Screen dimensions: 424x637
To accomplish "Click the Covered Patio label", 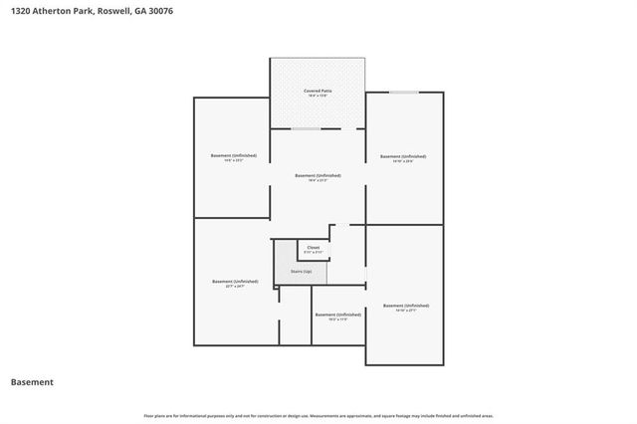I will click(x=318, y=91).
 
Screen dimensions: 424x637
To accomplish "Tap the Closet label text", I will click(x=313, y=247).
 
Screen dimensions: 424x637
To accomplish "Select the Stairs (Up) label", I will click(x=301, y=271).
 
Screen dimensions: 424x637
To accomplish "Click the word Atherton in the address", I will click(x=60, y=12).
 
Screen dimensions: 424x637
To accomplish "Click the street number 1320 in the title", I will click(x=19, y=12).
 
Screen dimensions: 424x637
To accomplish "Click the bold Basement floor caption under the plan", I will click(x=32, y=382).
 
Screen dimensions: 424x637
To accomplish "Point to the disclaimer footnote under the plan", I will click(x=318, y=415).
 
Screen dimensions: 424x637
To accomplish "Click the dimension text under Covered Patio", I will click(x=318, y=97).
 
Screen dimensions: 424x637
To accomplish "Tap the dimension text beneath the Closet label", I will click(x=313, y=253).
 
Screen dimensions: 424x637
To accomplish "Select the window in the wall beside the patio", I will click(x=403, y=93).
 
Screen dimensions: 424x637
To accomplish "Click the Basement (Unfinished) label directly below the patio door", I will click(x=318, y=175).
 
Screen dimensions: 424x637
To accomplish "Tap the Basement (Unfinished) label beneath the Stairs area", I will click(x=337, y=315).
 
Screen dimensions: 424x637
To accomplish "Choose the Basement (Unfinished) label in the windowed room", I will click(x=403, y=156).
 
